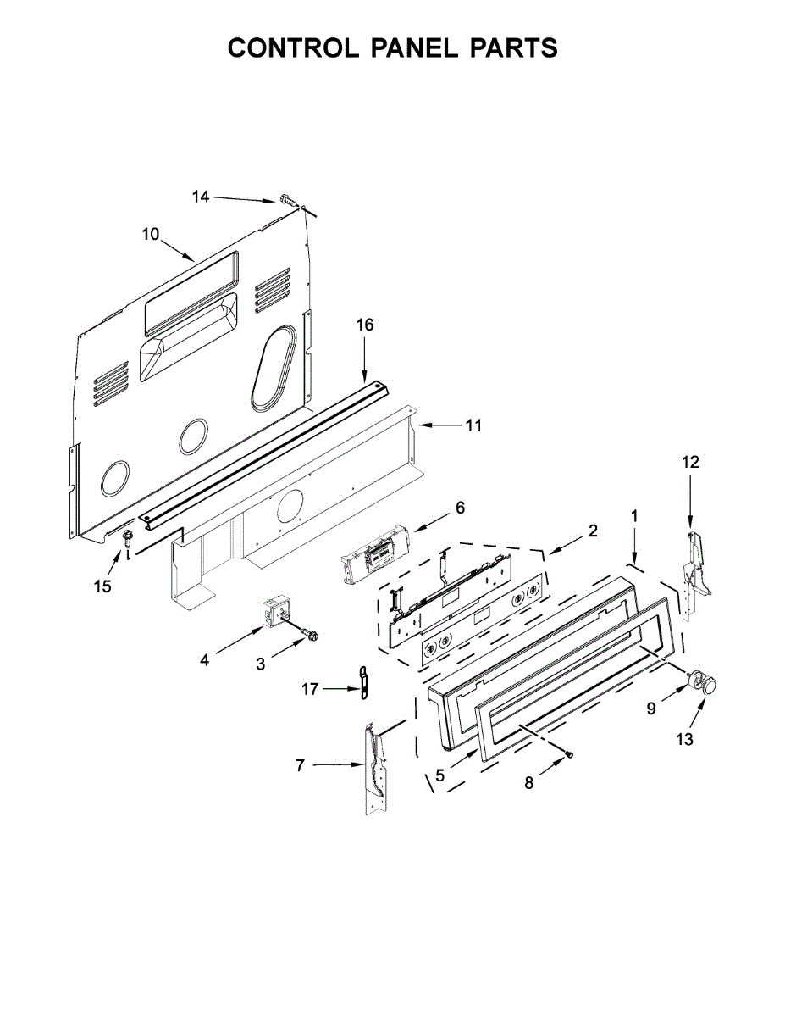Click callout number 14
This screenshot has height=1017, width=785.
200,197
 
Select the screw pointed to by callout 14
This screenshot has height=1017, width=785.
287,201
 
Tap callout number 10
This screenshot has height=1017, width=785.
150,234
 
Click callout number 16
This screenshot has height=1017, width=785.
364,325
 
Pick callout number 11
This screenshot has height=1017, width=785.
473,425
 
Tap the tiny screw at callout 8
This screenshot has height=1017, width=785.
570,753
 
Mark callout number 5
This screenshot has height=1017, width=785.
439,775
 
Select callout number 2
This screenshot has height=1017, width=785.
593,531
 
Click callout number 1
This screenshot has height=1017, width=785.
634,515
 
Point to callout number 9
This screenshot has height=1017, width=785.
651,709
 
